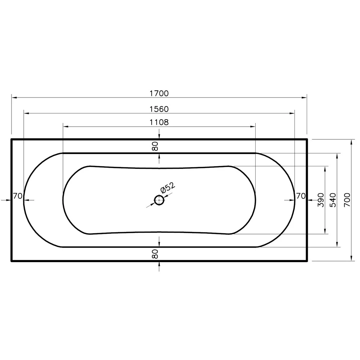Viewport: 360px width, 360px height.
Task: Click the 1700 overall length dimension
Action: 159,94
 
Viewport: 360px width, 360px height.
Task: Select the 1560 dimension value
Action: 159,109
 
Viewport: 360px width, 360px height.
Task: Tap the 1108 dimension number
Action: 159,122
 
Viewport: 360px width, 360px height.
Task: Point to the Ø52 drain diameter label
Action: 168,188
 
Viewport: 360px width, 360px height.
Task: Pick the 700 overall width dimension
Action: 347,200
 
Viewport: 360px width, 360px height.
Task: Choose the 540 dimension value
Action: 333,200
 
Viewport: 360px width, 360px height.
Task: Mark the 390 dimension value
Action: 321,200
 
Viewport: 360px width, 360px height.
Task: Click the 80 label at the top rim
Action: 155,146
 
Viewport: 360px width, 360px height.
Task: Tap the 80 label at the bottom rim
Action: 155,254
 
